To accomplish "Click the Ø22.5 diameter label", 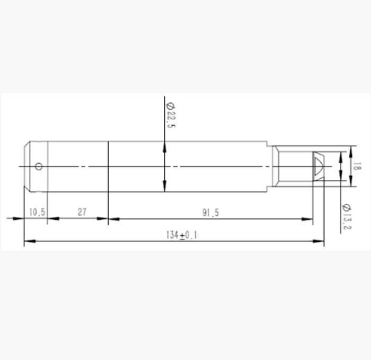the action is (171, 115).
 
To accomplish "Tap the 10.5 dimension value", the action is (37, 212).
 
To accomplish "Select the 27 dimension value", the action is (82, 212).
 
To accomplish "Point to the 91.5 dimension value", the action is (210, 213).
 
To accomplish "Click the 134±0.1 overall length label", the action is (182, 235).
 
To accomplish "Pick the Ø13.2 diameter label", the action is (347, 216).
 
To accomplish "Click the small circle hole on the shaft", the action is (39, 166).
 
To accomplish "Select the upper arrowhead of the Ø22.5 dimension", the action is (165, 147).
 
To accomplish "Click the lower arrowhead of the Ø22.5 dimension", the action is (165, 186).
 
